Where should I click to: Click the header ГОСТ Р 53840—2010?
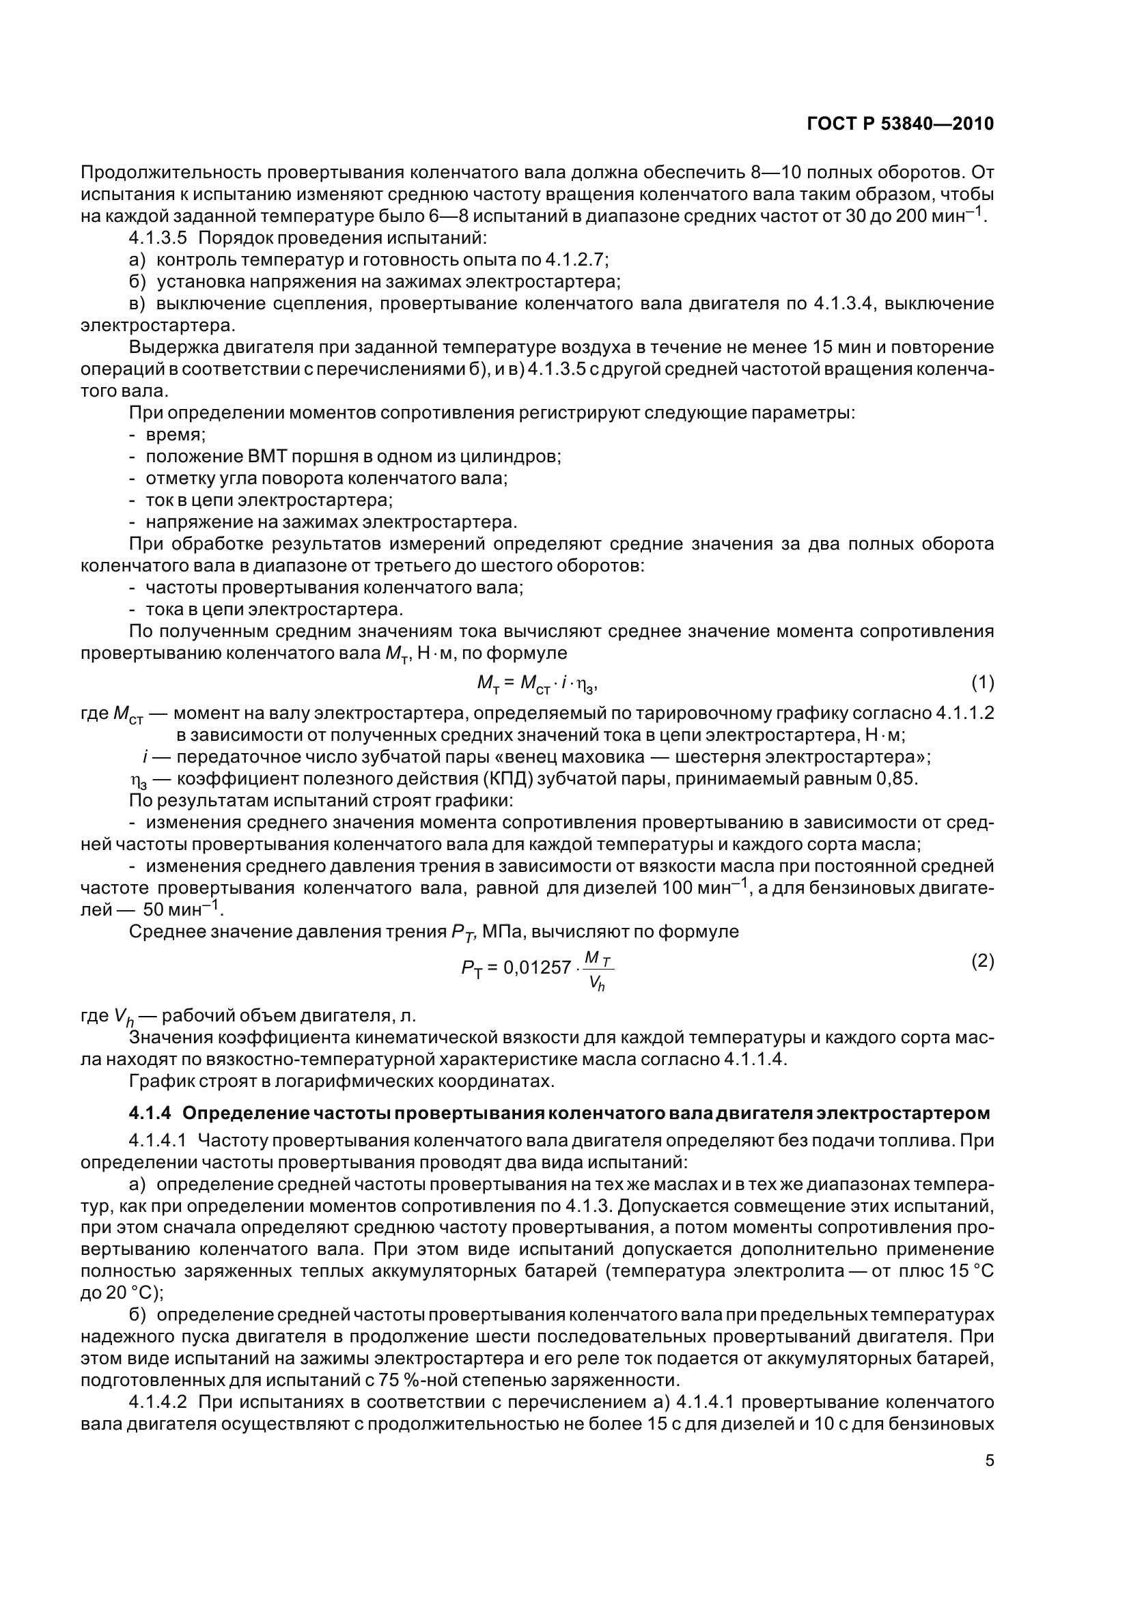[x=900, y=124]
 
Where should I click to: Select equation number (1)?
[x=982, y=683]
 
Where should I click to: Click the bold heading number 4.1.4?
[x=150, y=1113]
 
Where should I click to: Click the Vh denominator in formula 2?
[x=596, y=983]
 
